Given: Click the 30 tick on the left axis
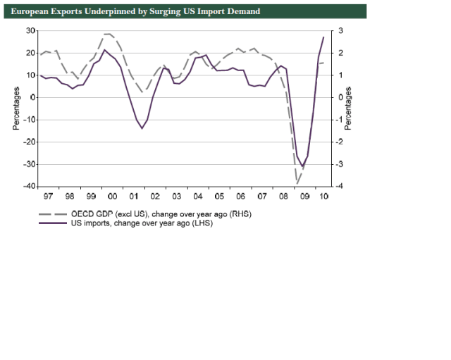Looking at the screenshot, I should click(30, 30).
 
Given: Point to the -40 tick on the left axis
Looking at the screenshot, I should click(29, 187).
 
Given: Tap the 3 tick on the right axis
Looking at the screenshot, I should click(340, 30).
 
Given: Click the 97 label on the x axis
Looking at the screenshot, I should click(48, 197).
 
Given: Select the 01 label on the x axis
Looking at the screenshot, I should click(134, 197).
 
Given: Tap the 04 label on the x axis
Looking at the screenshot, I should click(199, 197).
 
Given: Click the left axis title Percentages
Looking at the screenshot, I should click(15, 108).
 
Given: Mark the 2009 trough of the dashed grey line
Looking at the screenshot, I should click(297, 184).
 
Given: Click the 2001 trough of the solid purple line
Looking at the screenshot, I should click(142, 128).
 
